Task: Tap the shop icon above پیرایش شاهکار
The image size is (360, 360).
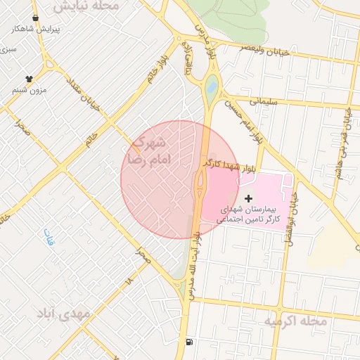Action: tap(36, 18)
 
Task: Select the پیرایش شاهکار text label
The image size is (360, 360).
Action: tap(37, 30)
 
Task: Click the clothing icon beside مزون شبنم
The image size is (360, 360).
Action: tap(29, 79)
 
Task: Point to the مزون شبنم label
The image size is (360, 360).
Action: tap(30, 90)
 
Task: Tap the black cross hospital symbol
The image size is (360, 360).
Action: tap(248, 200)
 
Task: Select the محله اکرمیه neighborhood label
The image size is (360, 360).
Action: tap(295, 321)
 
